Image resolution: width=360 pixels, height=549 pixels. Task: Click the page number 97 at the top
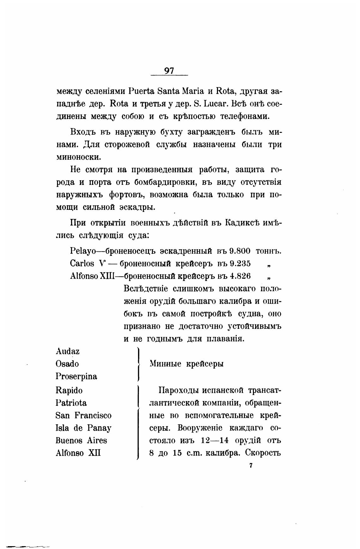click(169, 71)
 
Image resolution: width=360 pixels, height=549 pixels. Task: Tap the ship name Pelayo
click(83, 251)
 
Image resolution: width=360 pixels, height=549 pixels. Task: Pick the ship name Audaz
click(68, 351)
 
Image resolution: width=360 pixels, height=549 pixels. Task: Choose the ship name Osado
click(67, 364)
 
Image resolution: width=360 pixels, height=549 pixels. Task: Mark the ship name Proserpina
click(76, 376)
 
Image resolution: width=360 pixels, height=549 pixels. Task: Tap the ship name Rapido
click(69, 391)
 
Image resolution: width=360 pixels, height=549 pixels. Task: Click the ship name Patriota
click(71, 403)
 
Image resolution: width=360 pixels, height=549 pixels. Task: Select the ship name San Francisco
click(83, 416)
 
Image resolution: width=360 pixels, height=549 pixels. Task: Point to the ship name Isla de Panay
click(83, 428)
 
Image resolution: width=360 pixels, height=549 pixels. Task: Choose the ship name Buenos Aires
click(81, 440)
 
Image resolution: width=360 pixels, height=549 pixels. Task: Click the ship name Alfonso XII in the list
click(78, 453)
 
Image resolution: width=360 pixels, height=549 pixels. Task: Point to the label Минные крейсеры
click(186, 364)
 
